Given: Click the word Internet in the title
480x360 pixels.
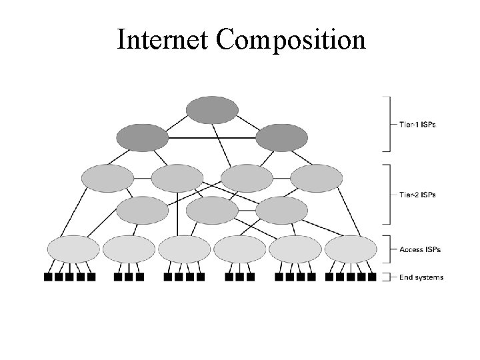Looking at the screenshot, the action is pos(163,41).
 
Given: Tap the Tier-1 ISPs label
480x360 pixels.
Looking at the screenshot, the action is pos(417,124).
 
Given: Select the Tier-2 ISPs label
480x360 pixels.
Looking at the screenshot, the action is pos(417,195).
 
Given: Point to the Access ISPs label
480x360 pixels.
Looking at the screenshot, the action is pos(420,249).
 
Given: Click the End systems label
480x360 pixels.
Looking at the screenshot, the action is pos(421,277).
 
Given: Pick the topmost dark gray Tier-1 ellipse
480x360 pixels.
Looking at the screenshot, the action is pos(212,110).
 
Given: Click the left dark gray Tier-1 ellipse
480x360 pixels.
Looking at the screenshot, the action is pos(143,138).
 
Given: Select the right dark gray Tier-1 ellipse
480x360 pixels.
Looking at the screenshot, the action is pos(282,138).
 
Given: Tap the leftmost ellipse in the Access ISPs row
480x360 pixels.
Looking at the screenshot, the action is pos(73,249).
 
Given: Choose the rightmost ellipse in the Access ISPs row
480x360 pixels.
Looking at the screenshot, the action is pos(351,249).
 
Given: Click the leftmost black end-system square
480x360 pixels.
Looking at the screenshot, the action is pos(48,277).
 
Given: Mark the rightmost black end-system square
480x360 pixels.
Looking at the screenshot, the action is pos(372,277).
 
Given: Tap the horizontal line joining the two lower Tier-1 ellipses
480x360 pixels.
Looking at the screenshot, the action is pos(212,138).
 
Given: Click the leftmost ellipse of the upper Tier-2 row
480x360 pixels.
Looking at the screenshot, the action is pos(107,178).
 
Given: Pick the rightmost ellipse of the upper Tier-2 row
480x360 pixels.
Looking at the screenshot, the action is pos(317,178).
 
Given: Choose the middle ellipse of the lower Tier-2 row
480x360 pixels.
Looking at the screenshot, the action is pos(212,211).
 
